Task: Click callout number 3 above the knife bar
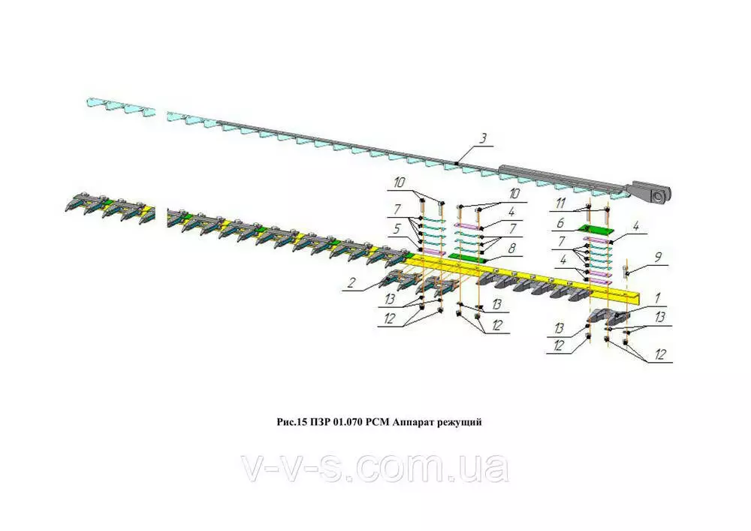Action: tap(484, 138)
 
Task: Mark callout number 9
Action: tap(658, 257)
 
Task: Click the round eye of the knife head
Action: tap(659, 197)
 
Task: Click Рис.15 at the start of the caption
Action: tap(288, 422)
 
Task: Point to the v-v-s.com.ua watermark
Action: tap(375, 469)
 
